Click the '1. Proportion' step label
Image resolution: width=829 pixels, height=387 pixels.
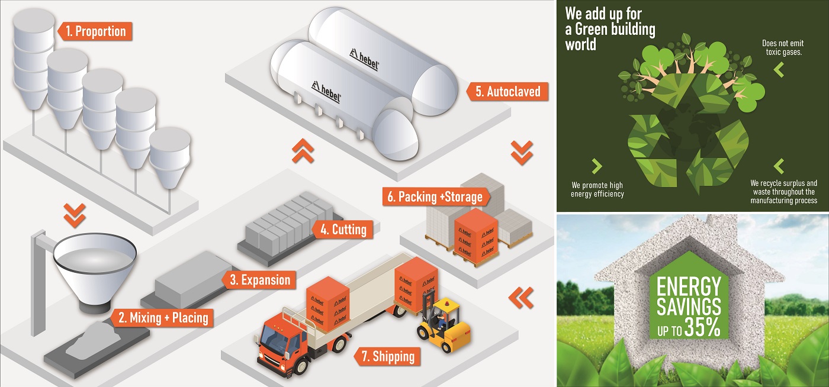coord(95,31)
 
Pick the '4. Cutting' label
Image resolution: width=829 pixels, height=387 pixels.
coord(343,229)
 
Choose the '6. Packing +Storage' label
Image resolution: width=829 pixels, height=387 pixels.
coord(435,197)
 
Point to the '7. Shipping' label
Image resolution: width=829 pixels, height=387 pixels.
coord(387,357)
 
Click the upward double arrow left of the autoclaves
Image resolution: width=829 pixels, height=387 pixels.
coord(302,153)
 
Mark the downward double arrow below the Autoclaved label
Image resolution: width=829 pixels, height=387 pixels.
coord(521,153)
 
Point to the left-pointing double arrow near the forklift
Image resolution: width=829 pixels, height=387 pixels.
coord(520,297)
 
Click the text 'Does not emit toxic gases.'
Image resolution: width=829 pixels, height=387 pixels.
coord(782,47)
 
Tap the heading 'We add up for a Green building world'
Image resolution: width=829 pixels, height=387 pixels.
coord(610,28)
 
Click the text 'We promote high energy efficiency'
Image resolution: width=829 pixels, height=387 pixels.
coord(597,189)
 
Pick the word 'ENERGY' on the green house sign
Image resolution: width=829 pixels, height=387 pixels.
coord(689,287)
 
